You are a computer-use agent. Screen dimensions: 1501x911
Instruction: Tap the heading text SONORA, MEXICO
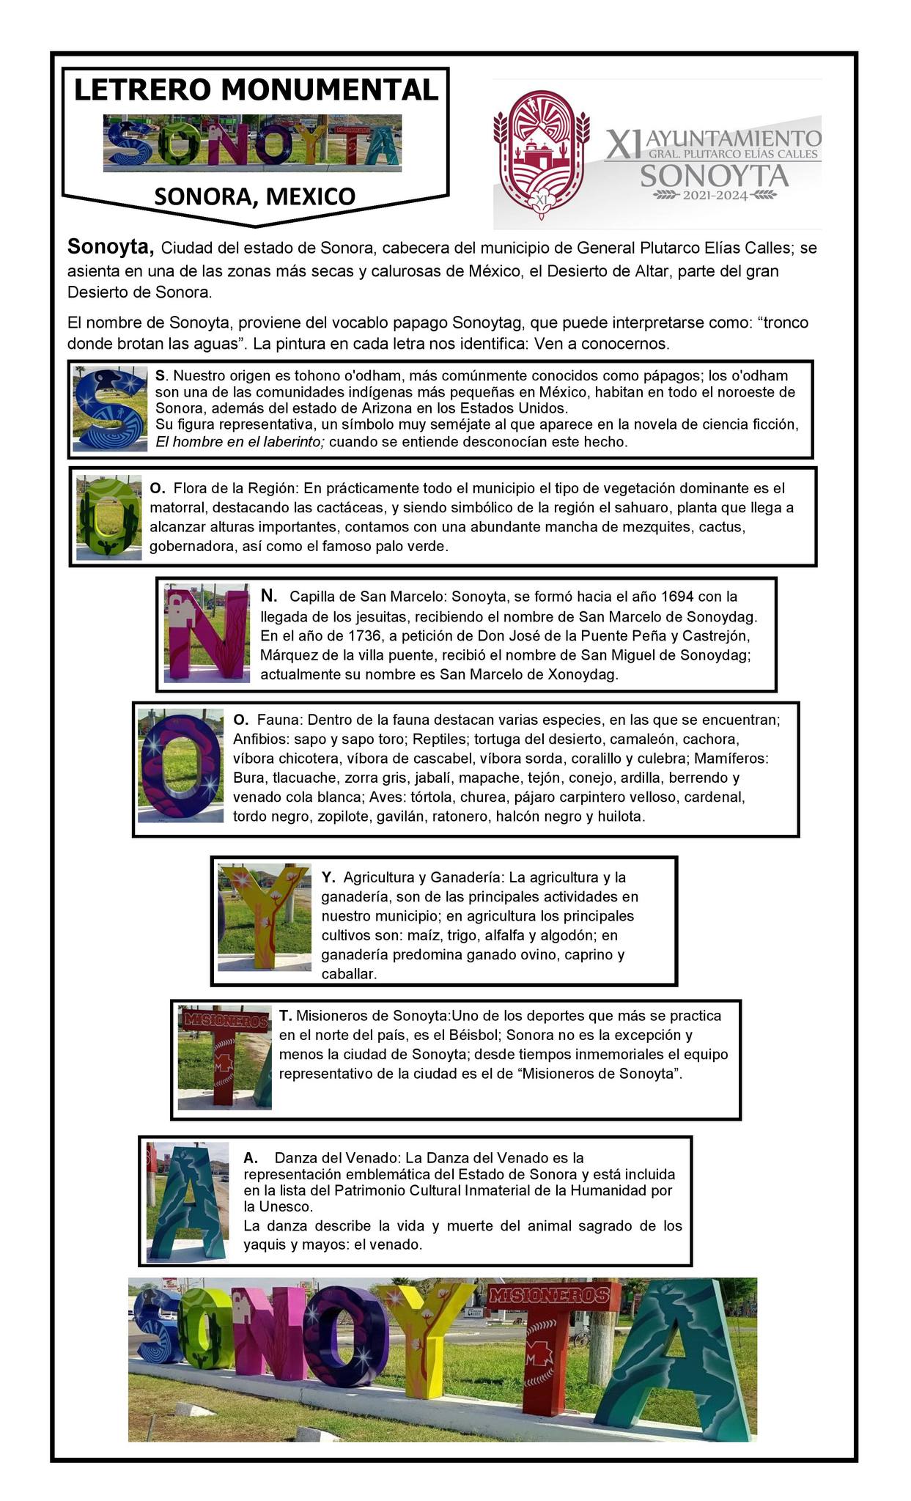pyautogui.click(x=254, y=196)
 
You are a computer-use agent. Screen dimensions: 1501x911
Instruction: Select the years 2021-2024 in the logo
pyautogui.click(x=715, y=195)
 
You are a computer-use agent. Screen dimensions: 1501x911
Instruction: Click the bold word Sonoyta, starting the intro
pyautogui.click(x=111, y=246)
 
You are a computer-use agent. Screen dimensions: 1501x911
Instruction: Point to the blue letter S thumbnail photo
pyautogui.click(x=111, y=410)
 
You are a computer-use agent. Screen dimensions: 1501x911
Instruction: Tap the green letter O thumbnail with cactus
pyautogui.click(x=109, y=517)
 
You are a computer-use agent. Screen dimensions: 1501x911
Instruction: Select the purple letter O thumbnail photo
pyautogui.click(x=180, y=765)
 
